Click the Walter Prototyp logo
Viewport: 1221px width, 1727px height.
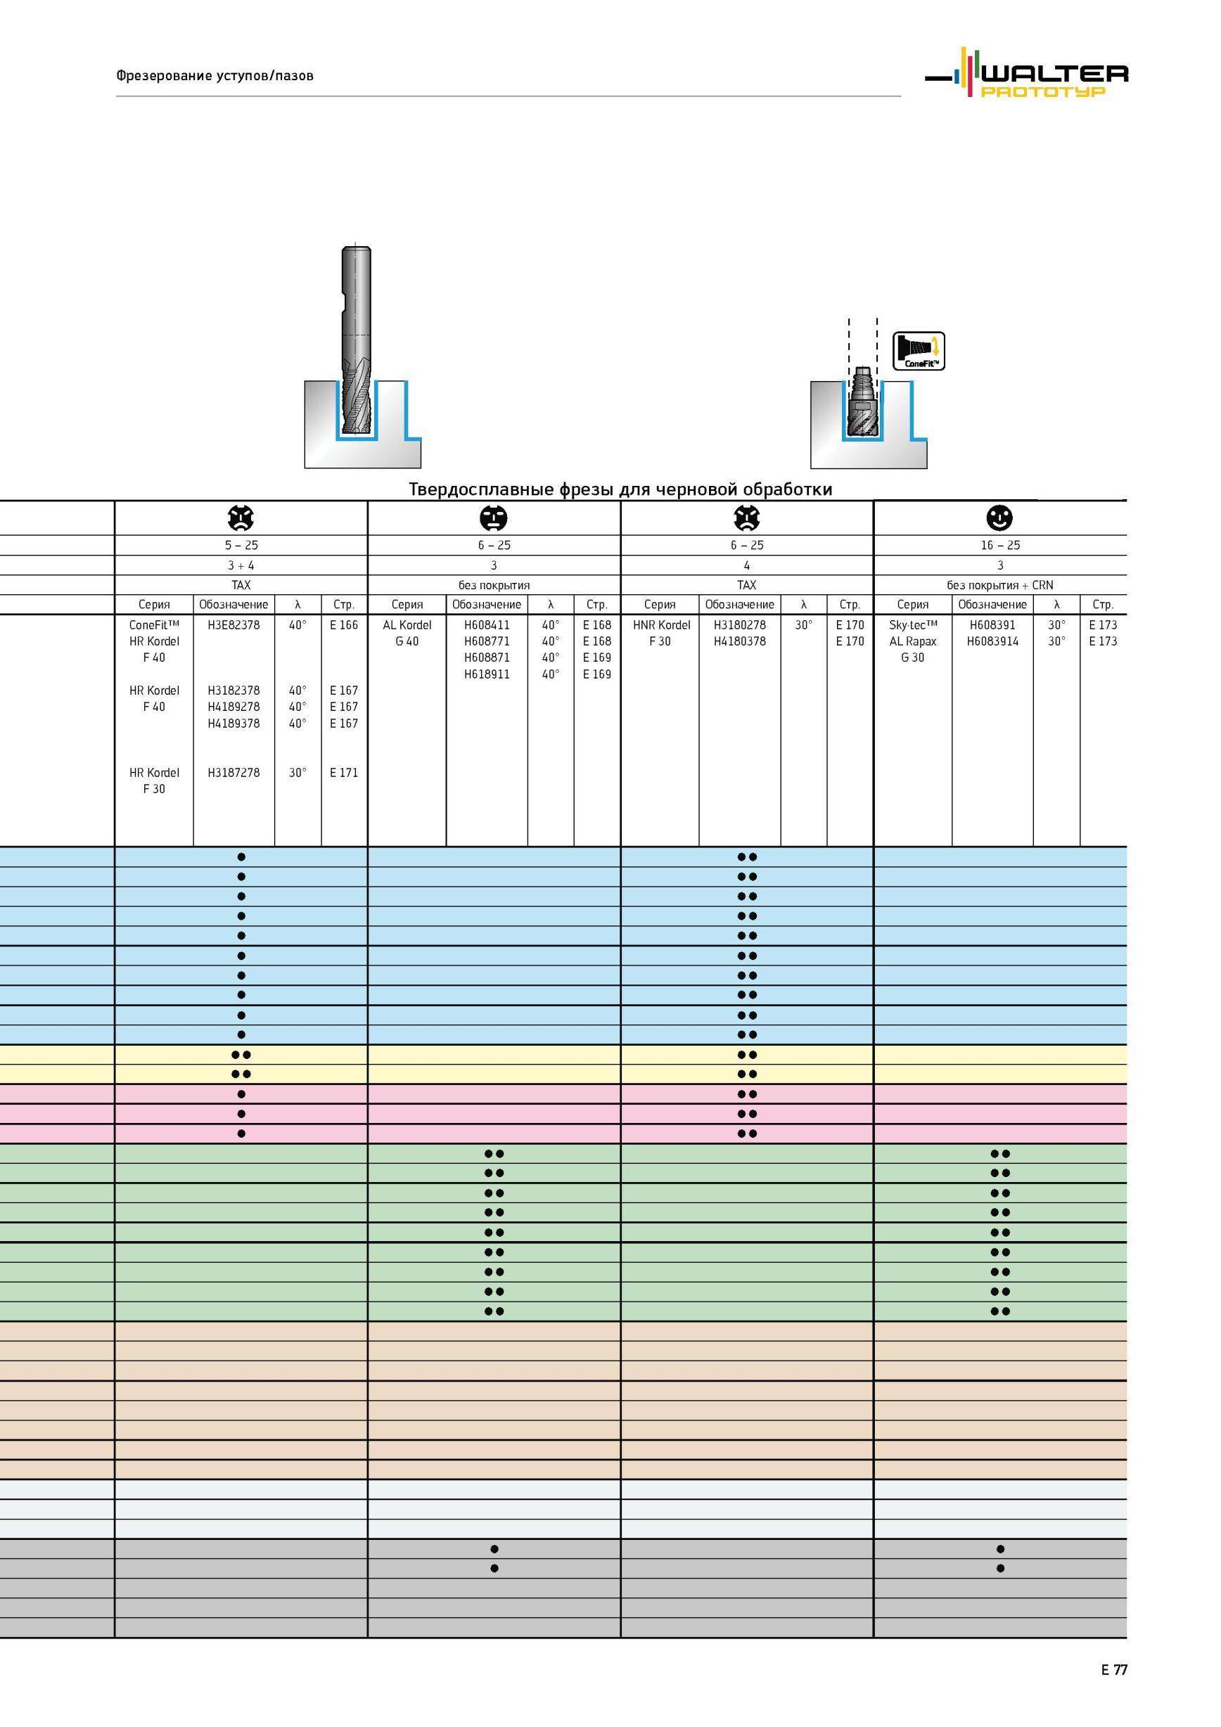click(x=1026, y=72)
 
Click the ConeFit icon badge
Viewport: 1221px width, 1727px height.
click(x=919, y=352)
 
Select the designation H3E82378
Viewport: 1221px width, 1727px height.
click(x=234, y=624)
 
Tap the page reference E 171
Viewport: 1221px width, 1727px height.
click(x=344, y=773)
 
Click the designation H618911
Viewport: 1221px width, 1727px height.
click(x=487, y=674)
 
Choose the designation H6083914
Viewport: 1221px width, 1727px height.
click(x=993, y=641)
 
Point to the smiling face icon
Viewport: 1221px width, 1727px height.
click(x=1000, y=518)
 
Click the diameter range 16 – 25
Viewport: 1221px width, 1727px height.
click(x=1000, y=546)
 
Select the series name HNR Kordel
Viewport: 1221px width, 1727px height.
click(x=661, y=624)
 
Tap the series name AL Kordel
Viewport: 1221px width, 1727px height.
click(x=407, y=624)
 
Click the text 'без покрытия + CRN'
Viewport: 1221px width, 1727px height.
click(x=1000, y=585)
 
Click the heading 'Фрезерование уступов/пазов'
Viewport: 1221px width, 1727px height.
click(x=215, y=75)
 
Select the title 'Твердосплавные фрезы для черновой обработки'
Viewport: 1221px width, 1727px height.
click(x=620, y=489)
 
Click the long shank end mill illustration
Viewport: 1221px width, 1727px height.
click(x=355, y=341)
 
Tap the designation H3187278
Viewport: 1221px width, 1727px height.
click(x=234, y=773)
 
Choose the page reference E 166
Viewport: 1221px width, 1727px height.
click(x=344, y=624)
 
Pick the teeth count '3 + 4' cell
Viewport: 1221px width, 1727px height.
click(x=241, y=565)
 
